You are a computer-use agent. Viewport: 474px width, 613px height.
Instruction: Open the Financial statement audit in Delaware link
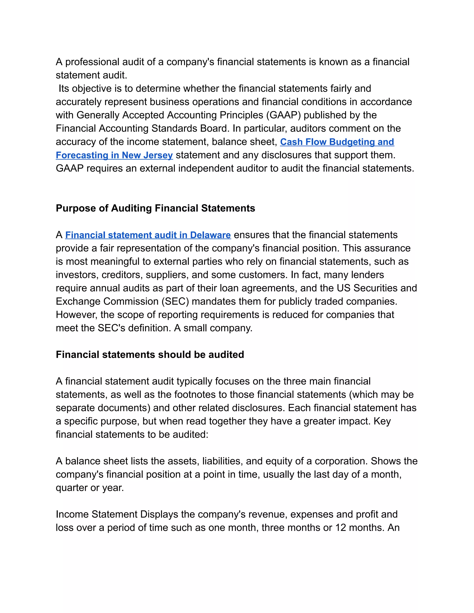pyautogui.click(x=148, y=235)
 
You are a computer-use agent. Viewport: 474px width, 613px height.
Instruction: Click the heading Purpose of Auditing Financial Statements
pyautogui.click(x=155, y=208)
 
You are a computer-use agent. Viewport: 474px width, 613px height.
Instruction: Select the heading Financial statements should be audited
pyautogui.click(x=150, y=354)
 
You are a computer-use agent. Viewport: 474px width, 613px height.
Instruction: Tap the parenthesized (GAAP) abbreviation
pyautogui.click(x=283, y=115)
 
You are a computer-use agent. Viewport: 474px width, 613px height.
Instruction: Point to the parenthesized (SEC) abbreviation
pyautogui.click(x=175, y=301)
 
